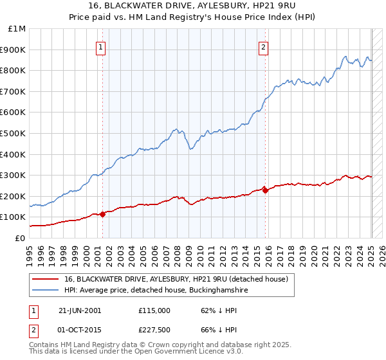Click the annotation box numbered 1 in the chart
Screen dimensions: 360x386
point(102,46)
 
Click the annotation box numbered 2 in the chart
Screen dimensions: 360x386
point(264,46)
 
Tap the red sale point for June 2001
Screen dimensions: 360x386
point(103,214)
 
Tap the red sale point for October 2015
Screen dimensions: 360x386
point(265,190)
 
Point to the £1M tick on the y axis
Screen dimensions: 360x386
point(17,29)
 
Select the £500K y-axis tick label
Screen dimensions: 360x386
point(14,133)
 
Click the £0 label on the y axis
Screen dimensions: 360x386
point(20,238)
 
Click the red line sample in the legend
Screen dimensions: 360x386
point(46,279)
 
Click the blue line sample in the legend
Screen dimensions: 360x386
point(46,291)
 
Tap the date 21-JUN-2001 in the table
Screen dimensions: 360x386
point(80,310)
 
